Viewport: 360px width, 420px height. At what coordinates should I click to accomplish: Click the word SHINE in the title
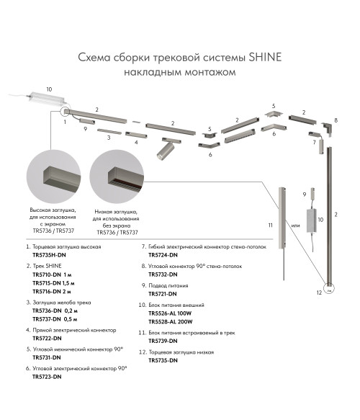pos(265,57)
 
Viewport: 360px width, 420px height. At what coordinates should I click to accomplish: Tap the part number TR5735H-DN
pos(49,255)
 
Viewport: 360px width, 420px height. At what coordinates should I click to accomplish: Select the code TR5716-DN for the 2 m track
pos(47,292)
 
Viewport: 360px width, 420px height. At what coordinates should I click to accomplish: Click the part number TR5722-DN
pos(47,339)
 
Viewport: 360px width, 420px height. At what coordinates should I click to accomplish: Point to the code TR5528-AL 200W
pos(170,322)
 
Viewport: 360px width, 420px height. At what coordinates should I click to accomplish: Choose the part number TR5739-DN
pos(163,341)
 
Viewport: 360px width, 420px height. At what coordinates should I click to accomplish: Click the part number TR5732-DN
pos(163,274)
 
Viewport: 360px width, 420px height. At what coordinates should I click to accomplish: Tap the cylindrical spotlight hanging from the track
pos(165,151)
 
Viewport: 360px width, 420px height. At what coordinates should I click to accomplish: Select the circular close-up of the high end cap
pos(53,177)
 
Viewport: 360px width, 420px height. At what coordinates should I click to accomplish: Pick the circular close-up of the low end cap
pos(117,177)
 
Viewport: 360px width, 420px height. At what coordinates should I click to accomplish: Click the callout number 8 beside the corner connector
pos(336,120)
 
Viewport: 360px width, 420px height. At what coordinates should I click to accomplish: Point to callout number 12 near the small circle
pos(319,292)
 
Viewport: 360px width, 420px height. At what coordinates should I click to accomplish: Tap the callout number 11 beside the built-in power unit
pos(270,225)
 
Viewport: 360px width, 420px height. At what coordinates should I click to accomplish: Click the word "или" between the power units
pos(295,225)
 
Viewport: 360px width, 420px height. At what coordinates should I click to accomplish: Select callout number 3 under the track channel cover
pos(109,138)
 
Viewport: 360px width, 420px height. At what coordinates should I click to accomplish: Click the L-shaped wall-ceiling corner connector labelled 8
pos(326,128)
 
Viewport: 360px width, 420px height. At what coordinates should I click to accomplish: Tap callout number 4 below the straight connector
pos(136,142)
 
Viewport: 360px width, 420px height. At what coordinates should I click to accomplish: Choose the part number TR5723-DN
pos(47,377)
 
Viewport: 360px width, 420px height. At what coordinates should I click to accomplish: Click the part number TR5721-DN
pos(163,294)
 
